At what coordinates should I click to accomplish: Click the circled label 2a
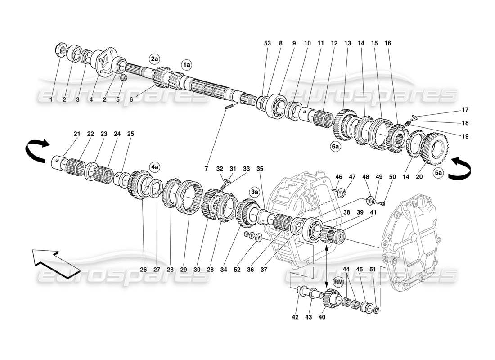(155, 59)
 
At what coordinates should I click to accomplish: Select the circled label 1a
(187, 65)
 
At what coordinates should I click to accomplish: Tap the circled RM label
(338, 281)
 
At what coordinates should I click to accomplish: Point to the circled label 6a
(335, 146)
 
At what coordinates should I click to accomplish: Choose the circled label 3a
(255, 192)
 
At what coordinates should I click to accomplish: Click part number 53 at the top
(268, 44)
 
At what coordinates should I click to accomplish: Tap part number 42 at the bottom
(295, 317)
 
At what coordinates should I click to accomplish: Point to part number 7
(207, 169)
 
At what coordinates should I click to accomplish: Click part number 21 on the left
(77, 134)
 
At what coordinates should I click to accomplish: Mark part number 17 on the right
(465, 109)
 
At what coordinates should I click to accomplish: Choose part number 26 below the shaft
(143, 270)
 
